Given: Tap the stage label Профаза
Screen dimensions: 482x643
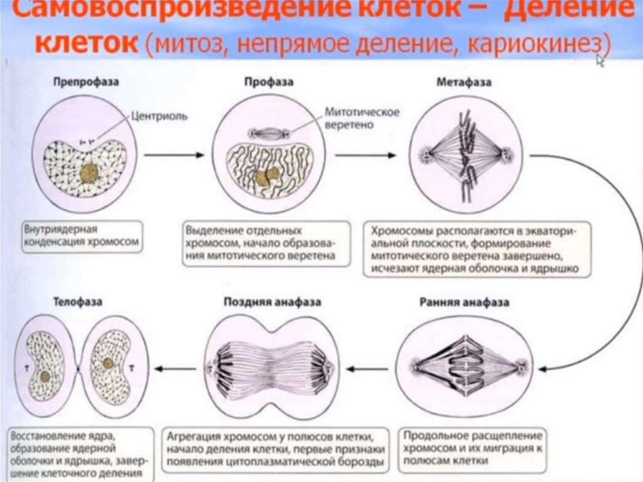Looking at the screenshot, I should pyautogui.click(x=269, y=82).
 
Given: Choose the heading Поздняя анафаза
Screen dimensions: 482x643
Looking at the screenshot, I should pyautogui.click(x=273, y=302).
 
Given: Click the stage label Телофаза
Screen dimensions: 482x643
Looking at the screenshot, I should pyautogui.click(x=78, y=302).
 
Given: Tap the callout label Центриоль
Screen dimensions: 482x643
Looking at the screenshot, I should pyautogui.click(x=159, y=116).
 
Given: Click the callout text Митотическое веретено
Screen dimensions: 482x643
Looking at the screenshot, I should pyautogui.click(x=354, y=118).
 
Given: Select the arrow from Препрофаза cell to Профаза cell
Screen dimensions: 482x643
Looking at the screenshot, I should pyautogui.click(x=174, y=155).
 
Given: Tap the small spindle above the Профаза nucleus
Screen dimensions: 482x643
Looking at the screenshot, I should pyautogui.click(x=269, y=133).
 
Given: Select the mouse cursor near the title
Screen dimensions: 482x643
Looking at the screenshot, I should pyautogui.click(x=600, y=60).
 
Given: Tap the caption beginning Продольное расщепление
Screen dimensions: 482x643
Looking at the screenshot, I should pyautogui.click(x=473, y=447).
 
